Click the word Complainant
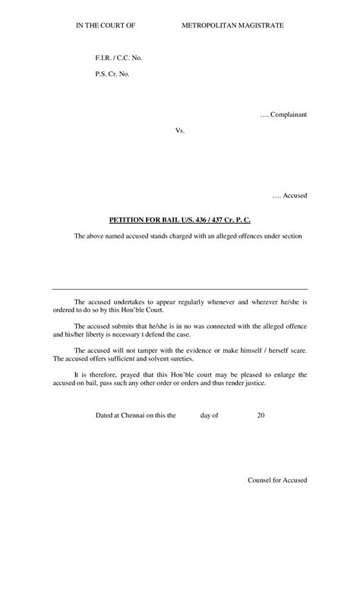pos(288,114)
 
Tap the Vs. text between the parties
pos(180,131)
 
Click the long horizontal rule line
pos(180,289)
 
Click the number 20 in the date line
pos(261,415)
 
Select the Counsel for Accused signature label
pos(277,481)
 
